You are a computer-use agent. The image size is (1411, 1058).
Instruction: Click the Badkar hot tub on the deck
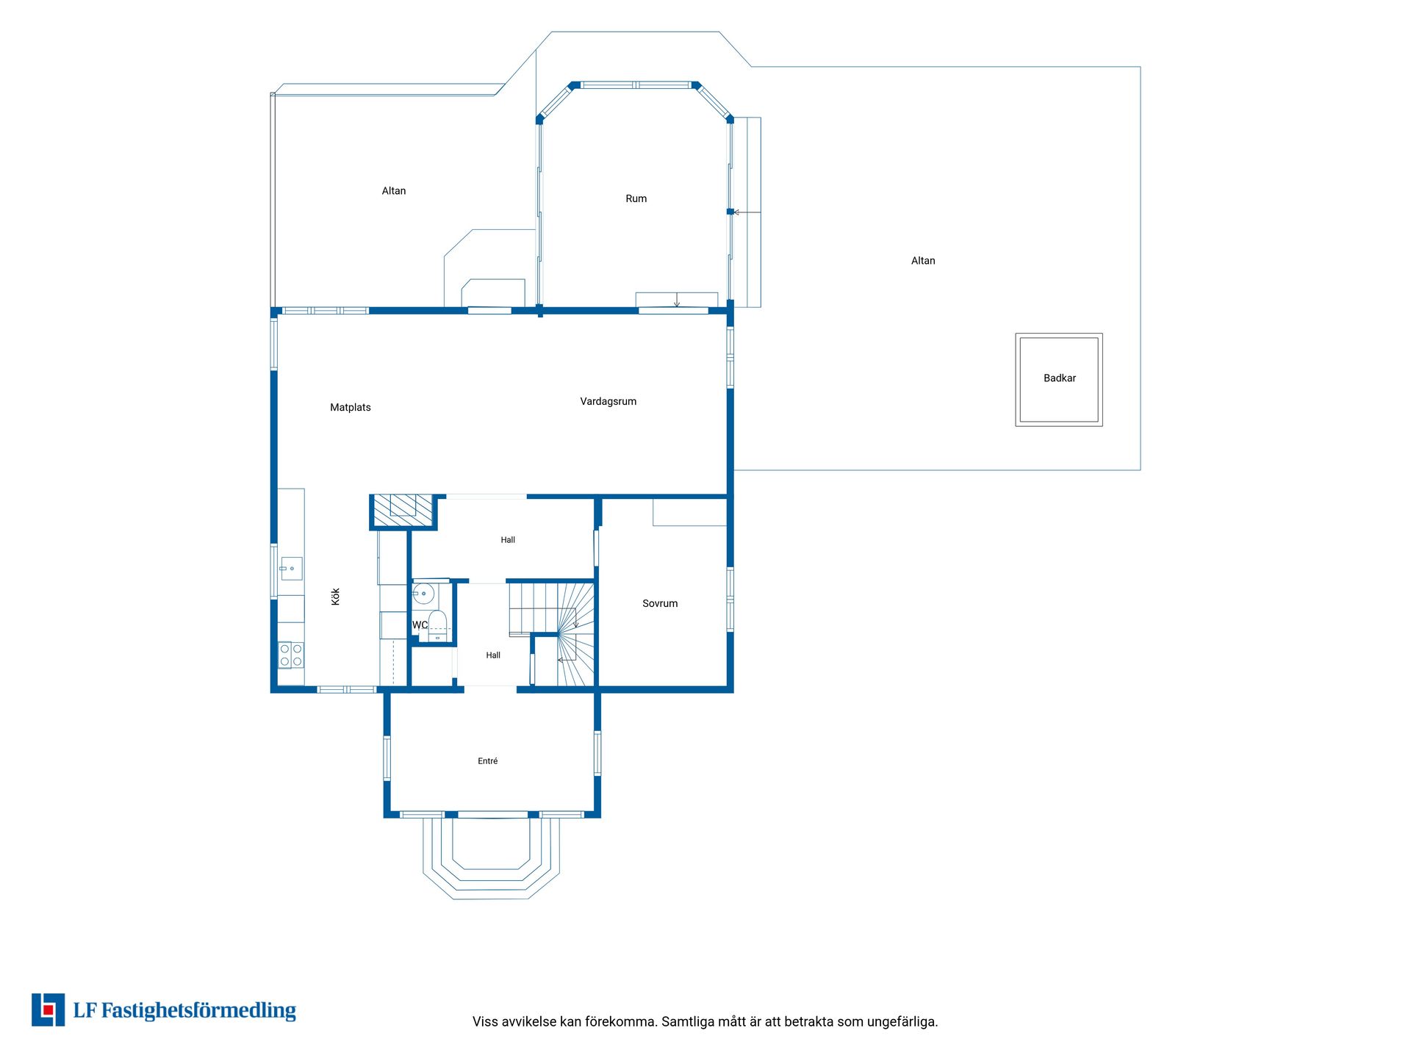coord(1059,380)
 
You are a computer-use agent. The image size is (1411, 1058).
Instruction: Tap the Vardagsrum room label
coord(608,401)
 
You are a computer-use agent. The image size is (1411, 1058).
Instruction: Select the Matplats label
coord(351,407)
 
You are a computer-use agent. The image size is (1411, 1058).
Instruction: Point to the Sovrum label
coord(660,603)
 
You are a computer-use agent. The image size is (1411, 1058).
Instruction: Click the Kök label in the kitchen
coord(336,596)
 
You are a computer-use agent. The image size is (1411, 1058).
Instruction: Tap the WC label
coord(420,625)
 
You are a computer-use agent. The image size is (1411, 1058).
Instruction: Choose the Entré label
coord(488,761)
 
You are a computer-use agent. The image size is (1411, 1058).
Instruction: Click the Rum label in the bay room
coord(636,198)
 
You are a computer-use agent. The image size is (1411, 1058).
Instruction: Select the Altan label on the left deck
coord(394,191)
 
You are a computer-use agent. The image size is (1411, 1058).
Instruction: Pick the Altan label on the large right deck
coord(923,261)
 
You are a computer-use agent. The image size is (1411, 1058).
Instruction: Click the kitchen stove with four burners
coord(291,655)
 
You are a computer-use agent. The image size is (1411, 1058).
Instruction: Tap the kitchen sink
coord(291,569)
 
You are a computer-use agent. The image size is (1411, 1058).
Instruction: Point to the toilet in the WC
coord(437,625)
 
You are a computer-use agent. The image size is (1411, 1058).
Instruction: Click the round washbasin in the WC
coord(423,594)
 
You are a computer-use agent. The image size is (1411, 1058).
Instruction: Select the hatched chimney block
coord(403,511)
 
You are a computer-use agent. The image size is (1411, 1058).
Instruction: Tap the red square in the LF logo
coord(49,1011)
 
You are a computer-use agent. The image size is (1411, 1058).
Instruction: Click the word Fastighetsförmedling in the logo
coord(198,1011)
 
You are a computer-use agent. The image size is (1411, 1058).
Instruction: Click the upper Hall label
coord(508,540)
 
